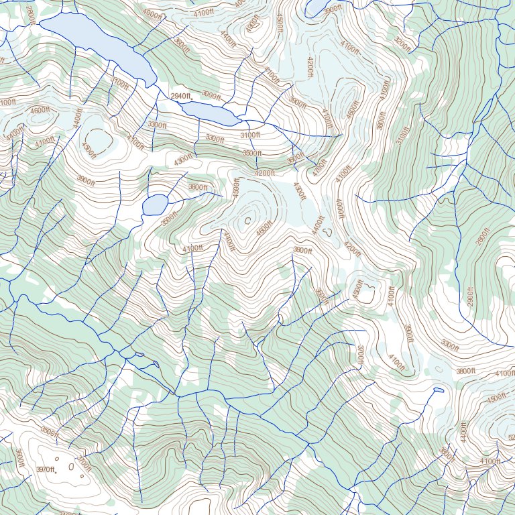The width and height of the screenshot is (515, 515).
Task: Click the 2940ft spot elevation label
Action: coord(180,97)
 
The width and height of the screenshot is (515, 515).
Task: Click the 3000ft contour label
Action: coord(211,96)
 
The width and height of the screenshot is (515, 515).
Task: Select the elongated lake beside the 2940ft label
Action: coord(210,113)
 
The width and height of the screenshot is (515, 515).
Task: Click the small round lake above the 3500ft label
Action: coord(154,204)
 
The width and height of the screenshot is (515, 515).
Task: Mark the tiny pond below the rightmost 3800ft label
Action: coord(439,390)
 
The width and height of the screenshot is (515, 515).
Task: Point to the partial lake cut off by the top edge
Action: coord(317,7)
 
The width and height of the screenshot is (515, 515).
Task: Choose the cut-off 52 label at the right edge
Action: coord(510,438)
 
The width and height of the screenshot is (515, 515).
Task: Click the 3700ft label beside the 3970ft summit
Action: coord(84,463)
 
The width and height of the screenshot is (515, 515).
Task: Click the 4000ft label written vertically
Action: coord(339,208)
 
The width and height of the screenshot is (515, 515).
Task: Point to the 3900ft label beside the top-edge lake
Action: coord(332,10)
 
